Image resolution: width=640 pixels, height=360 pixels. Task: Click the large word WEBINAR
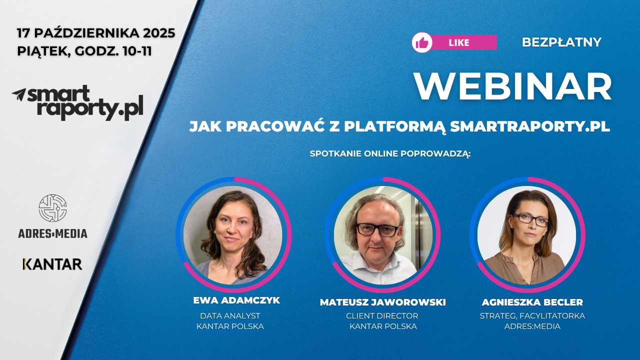click(513, 87)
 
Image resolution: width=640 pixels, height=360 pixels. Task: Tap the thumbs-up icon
click(422, 42)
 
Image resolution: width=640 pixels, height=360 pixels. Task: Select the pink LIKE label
click(459, 42)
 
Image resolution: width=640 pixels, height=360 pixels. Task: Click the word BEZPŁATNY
click(561, 42)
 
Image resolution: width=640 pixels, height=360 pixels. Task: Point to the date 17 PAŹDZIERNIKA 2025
click(96, 33)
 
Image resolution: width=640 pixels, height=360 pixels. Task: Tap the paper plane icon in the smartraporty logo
click(19, 94)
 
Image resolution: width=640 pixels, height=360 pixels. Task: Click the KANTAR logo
click(52, 264)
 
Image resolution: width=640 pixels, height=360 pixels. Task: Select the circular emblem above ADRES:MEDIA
click(52, 208)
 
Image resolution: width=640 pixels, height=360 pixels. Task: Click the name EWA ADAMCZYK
click(236, 300)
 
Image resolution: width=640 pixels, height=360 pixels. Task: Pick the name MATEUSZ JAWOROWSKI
click(382, 302)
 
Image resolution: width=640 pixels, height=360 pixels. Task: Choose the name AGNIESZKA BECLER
click(532, 302)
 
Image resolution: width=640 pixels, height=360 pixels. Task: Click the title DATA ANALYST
click(230, 316)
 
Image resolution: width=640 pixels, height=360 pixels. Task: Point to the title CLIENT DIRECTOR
click(382, 316)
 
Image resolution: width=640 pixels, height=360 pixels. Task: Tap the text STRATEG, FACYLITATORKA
click(532, 316)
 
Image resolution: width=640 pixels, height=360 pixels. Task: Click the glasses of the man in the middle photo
click(377, 230)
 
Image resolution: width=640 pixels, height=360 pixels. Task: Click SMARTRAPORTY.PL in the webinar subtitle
click(530, 126)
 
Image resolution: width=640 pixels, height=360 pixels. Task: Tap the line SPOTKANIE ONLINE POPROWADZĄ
click(390, 153)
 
